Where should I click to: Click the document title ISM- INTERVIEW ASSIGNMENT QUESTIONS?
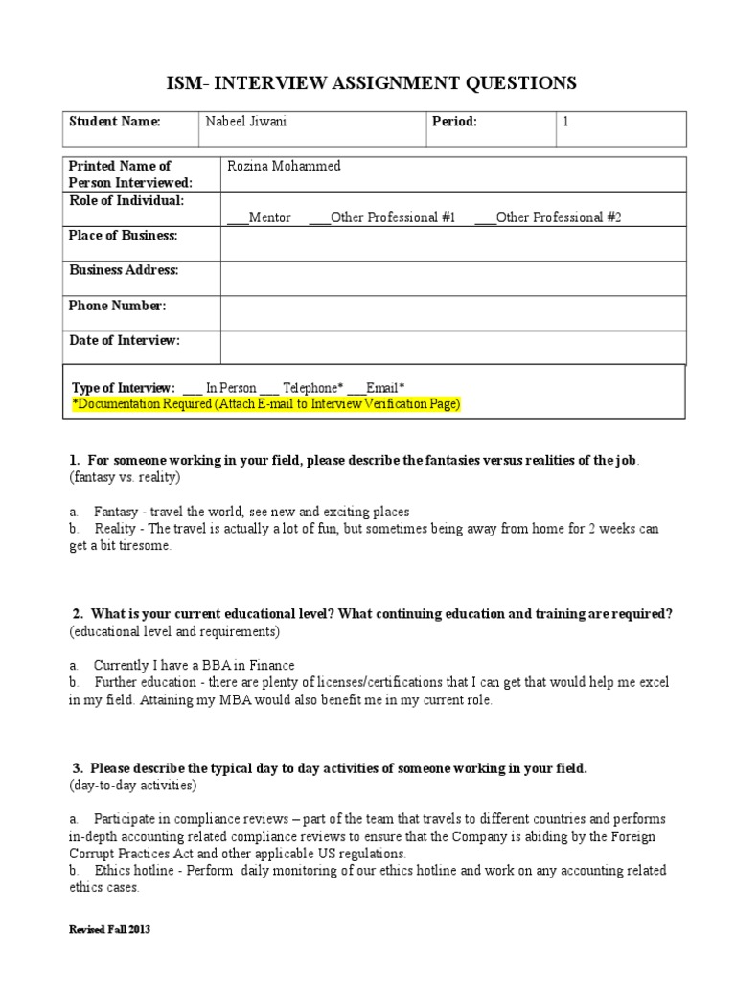(x=368, y=83)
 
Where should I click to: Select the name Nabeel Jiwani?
(x=244, y=123)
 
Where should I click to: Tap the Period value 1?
(x=565, y=123)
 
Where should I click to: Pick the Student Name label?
(x=114, y=123)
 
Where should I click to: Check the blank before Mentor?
(x=237, y=218)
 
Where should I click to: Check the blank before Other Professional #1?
(x=318, y=218)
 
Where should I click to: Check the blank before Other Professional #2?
(x=485, y=218)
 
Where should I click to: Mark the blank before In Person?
(x=192, y=389)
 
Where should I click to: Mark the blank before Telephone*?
(x=269, y=389)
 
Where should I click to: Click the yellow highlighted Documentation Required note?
(x=266, y=405)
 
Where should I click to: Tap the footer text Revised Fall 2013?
(x=110, y=930)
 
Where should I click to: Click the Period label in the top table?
(x=460, y=123)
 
